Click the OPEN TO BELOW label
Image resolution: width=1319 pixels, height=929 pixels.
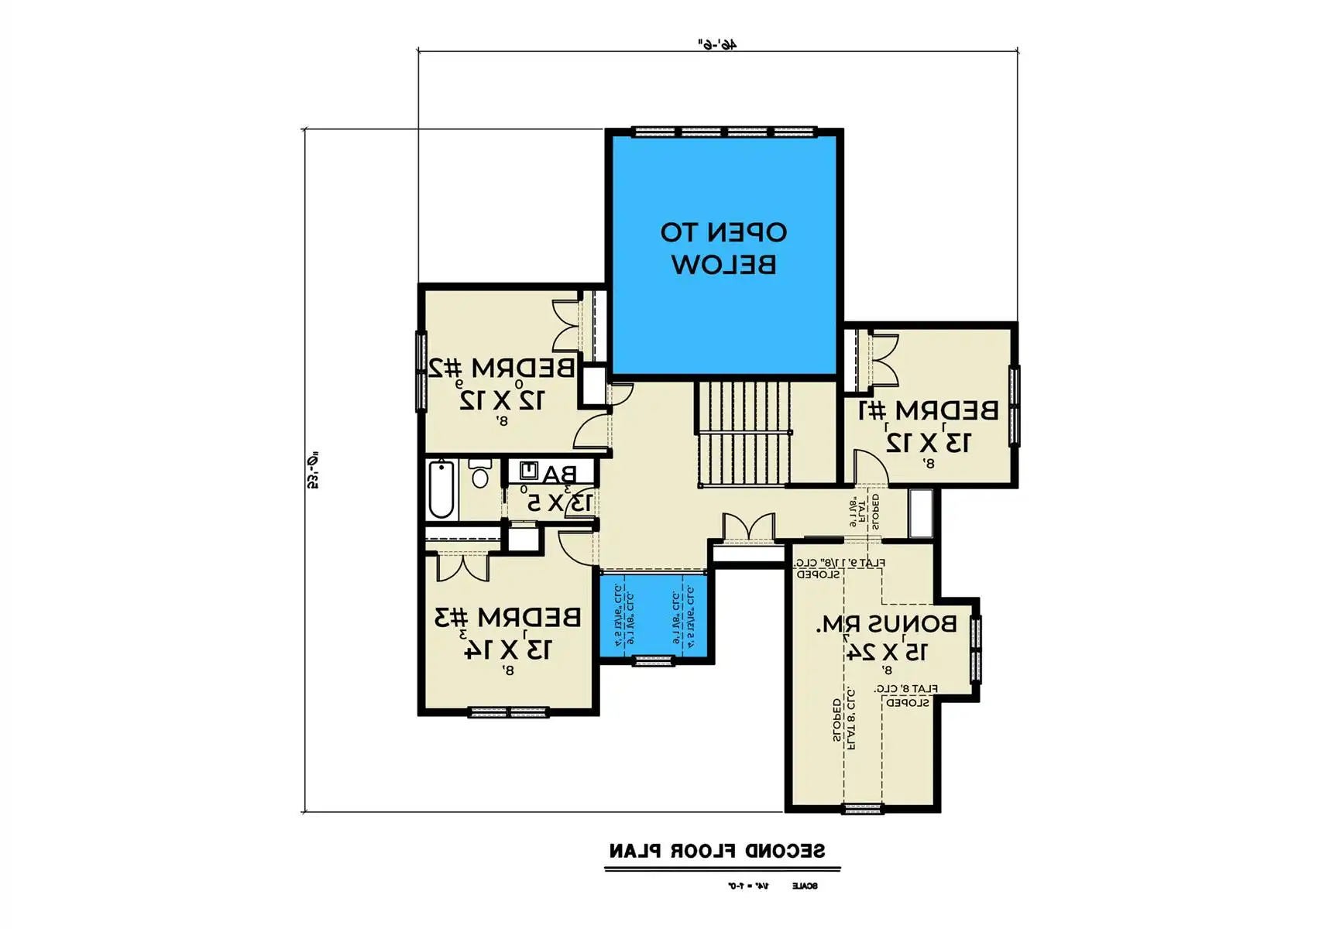[723, 249]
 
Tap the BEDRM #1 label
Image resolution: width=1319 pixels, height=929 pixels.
[928, 410]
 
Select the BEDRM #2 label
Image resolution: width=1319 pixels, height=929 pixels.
[502, 367]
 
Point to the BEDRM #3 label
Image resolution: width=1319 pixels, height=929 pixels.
[507, 617]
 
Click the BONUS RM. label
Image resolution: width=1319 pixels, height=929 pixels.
[885, 624]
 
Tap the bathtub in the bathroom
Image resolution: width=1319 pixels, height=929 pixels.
[441, 489]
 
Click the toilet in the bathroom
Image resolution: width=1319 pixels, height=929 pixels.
[480, 473]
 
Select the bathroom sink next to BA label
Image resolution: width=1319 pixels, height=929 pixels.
[530, 470]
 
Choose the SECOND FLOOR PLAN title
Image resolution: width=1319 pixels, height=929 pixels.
[716, 851]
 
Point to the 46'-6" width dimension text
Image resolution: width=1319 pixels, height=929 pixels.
[717, 44]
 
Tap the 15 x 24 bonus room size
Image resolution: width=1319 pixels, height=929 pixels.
[885, 652]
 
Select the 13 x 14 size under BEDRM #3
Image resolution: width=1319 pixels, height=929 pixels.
[507, 649]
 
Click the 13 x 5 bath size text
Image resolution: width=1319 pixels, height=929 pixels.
[559, 503]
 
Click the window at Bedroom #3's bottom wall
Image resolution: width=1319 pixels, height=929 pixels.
[508, 712]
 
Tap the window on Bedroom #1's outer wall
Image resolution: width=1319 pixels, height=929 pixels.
[1014, 405]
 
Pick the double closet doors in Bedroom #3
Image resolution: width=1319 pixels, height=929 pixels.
[463, 566]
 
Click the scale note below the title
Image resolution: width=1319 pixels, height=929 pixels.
[772, 886]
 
